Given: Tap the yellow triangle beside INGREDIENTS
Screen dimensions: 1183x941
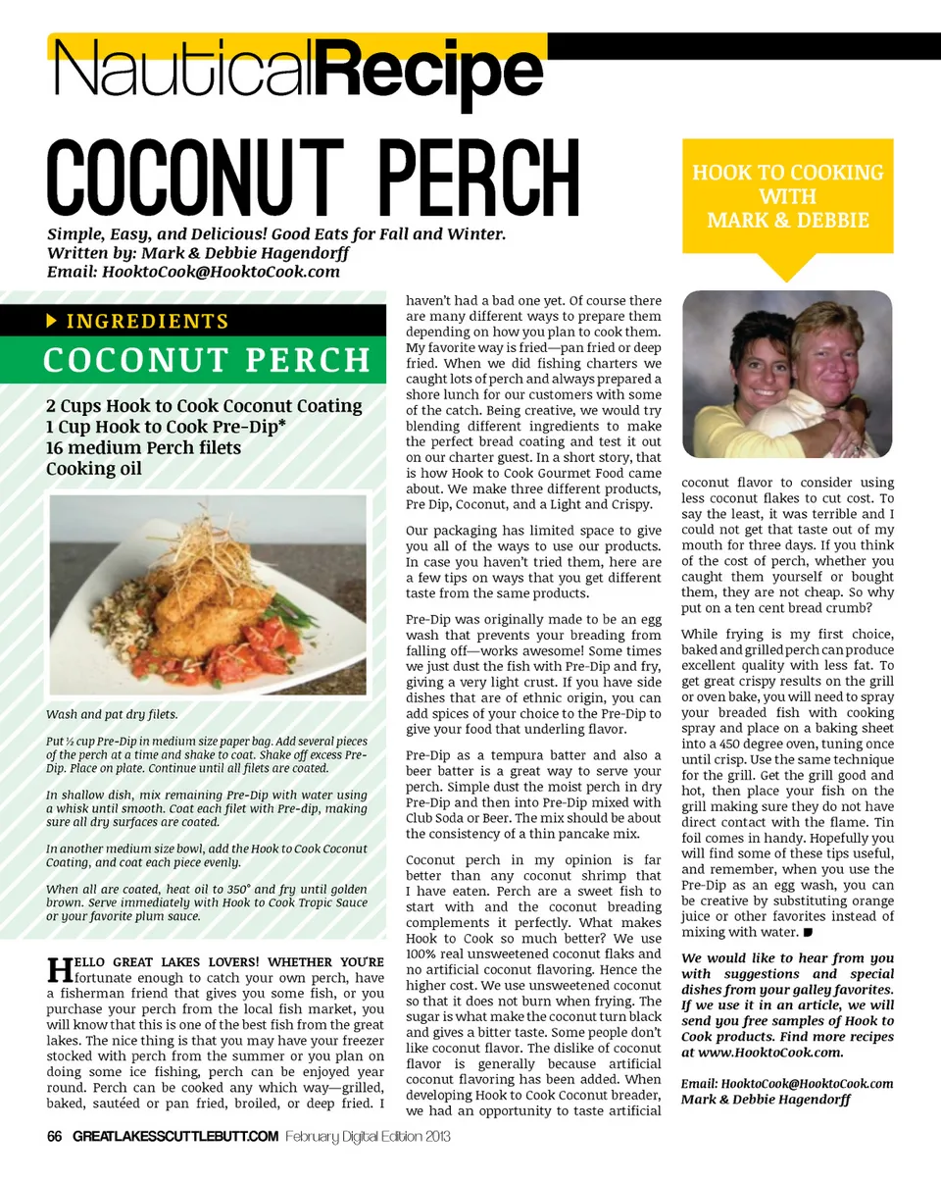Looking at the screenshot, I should click(52, 321).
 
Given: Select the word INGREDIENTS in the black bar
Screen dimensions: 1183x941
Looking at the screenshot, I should click(147, 322).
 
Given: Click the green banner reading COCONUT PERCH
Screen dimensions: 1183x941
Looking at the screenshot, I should click(206, 360).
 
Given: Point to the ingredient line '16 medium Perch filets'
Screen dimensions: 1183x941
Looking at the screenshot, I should click(143, 447).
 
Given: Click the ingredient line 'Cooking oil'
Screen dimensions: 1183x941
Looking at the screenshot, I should click(93, 469).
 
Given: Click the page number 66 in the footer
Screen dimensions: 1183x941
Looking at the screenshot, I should click(55, 1136).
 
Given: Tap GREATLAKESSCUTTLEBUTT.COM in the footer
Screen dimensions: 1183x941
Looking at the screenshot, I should click(176, 1136).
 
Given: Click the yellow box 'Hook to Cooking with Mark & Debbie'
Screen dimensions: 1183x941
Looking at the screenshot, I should click(787, 196).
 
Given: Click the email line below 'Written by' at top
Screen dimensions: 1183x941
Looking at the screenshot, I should click(193, 271).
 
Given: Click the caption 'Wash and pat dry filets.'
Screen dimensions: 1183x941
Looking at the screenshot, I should click(112, 713).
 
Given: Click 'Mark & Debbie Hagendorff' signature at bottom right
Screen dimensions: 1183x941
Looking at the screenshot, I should click(765, 1100).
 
